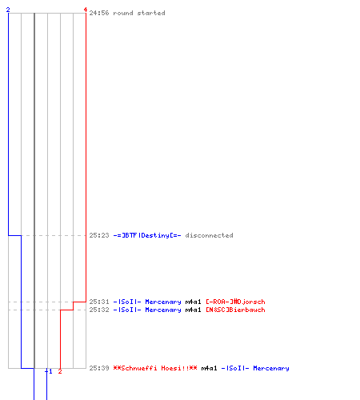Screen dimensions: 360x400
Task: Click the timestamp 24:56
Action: [x=99, y=13]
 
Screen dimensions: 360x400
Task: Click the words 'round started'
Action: [x=139, y=13]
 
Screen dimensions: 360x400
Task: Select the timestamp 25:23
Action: [x=99, y=235]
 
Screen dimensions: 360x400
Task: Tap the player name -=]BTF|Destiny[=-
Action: [x=147, y=235]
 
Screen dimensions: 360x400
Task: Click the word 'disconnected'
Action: [x=209, y=235]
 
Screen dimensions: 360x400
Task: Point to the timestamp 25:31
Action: [x=99, y=302]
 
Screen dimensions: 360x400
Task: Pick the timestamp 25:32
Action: [x=99, y=310]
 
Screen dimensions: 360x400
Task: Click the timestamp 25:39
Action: [x=99, y=368]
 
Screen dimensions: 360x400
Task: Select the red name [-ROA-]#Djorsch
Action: [x=235, y=302]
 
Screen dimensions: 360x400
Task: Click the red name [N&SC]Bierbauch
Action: [x=235, y=310]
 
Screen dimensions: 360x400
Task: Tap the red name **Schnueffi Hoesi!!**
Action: [x=155, y=368]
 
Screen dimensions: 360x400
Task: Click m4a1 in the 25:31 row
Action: [x=193, y=302]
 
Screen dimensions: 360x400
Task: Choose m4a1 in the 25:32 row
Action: [x=193, y=310]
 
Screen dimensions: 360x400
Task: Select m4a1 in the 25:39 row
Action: [x=209, y=368]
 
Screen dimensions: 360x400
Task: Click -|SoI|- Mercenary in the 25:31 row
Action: [x=147, y=302]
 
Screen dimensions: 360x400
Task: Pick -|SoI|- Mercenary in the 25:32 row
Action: [x=147, y=310]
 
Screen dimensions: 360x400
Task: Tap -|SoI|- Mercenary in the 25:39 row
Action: [x=255, y=368]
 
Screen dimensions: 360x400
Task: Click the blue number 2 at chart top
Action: [x=8, y=10]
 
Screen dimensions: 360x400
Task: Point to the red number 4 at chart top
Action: [x=86, y=10]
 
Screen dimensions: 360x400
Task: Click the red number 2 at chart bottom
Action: [x=60, y=371]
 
